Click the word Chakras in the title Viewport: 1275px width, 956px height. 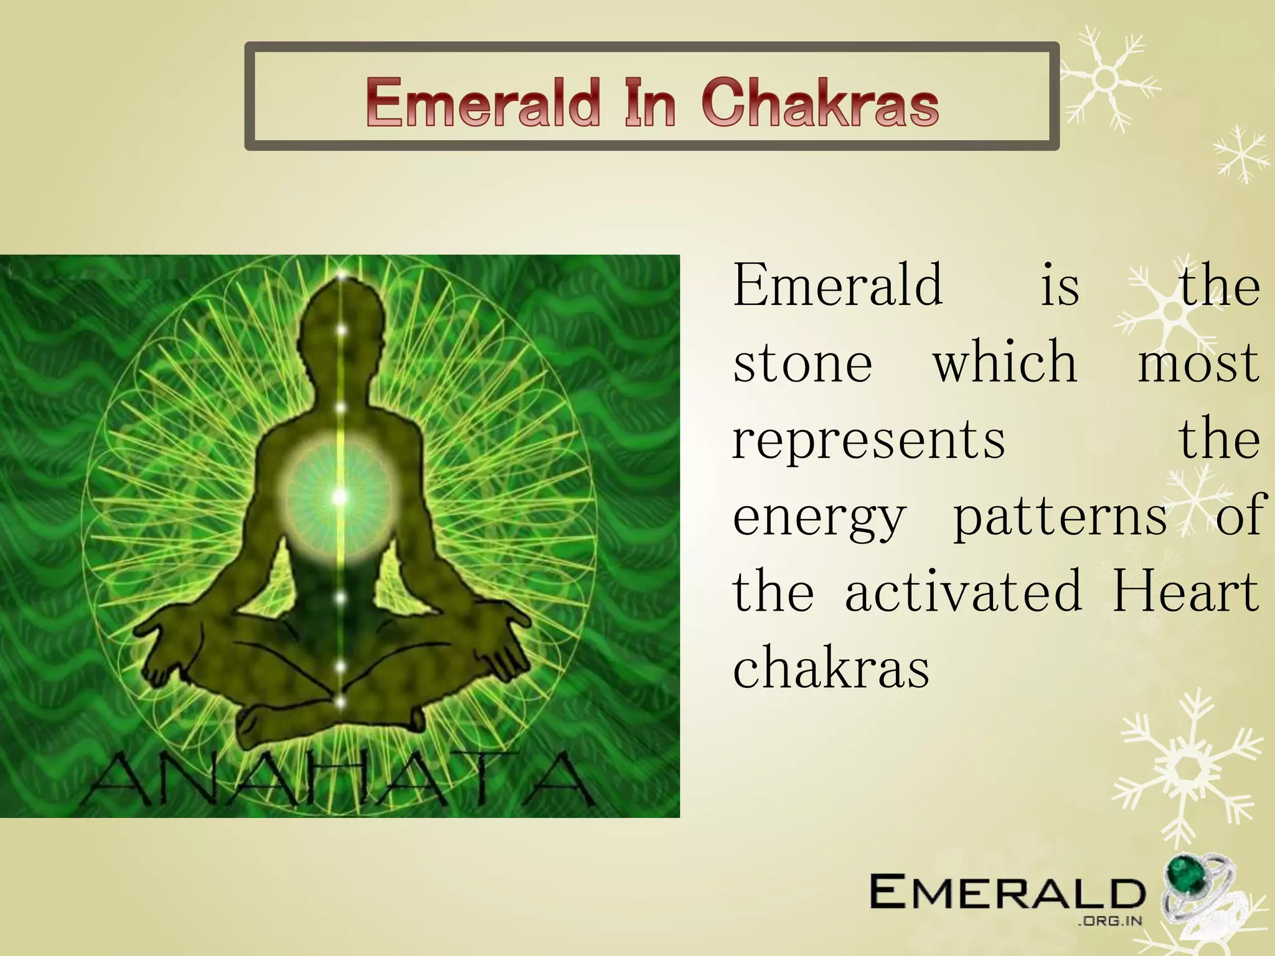click(x=820, y=103)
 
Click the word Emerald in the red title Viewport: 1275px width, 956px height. click(x=482, y=103)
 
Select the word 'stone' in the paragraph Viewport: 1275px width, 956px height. click(x=802, y=363)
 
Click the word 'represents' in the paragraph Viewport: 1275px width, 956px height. click(x=868, y=439)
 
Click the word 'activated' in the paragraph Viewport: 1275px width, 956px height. click(x=963, y=592)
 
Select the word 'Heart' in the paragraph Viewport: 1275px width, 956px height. click(x=1186, y=592)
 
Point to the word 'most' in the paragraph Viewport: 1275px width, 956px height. click(x=1198, y=363)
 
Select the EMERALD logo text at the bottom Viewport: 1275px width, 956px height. click(x=1007, y=892)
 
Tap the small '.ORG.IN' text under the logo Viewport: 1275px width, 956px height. click(x=1109, y=921)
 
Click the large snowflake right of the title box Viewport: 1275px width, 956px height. click(x=1105, y=79)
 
